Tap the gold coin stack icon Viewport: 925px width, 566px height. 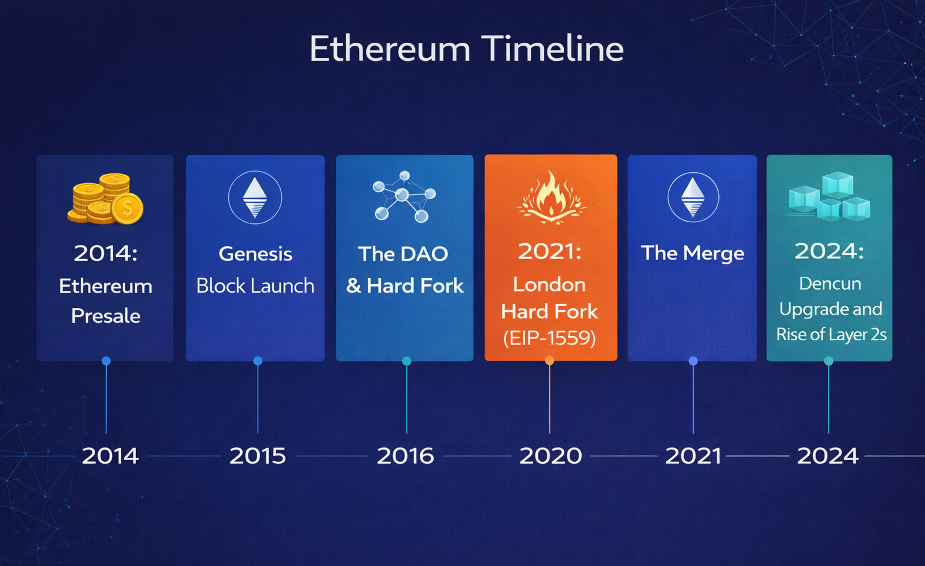tap(105, 199)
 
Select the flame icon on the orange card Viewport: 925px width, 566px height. tap(551, 197)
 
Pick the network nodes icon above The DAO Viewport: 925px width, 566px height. tap(404, 196)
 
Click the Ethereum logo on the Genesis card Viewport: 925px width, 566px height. tap(255, 197)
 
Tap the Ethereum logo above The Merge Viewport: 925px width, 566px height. tap(693, 197)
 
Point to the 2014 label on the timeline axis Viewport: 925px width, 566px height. tap(110, 456)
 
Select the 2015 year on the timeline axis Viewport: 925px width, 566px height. tap(258, 456)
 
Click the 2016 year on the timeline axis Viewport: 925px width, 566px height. tap(405, 456)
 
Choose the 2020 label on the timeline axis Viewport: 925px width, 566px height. tap(551, 456)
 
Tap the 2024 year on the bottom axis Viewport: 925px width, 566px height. tap(827, 456)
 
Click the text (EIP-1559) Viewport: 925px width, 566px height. tap(550, 338)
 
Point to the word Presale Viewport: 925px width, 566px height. tap(106, 316)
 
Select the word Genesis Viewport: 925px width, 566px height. tap(255, 254)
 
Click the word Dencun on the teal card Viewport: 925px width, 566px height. tap(830, 284)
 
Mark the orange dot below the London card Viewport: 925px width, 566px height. tap(550, 361)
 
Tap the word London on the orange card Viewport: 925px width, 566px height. tap(550, 285)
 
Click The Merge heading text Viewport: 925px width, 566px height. tap(693, 253)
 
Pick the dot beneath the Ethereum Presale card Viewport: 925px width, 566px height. tap(106, 361)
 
